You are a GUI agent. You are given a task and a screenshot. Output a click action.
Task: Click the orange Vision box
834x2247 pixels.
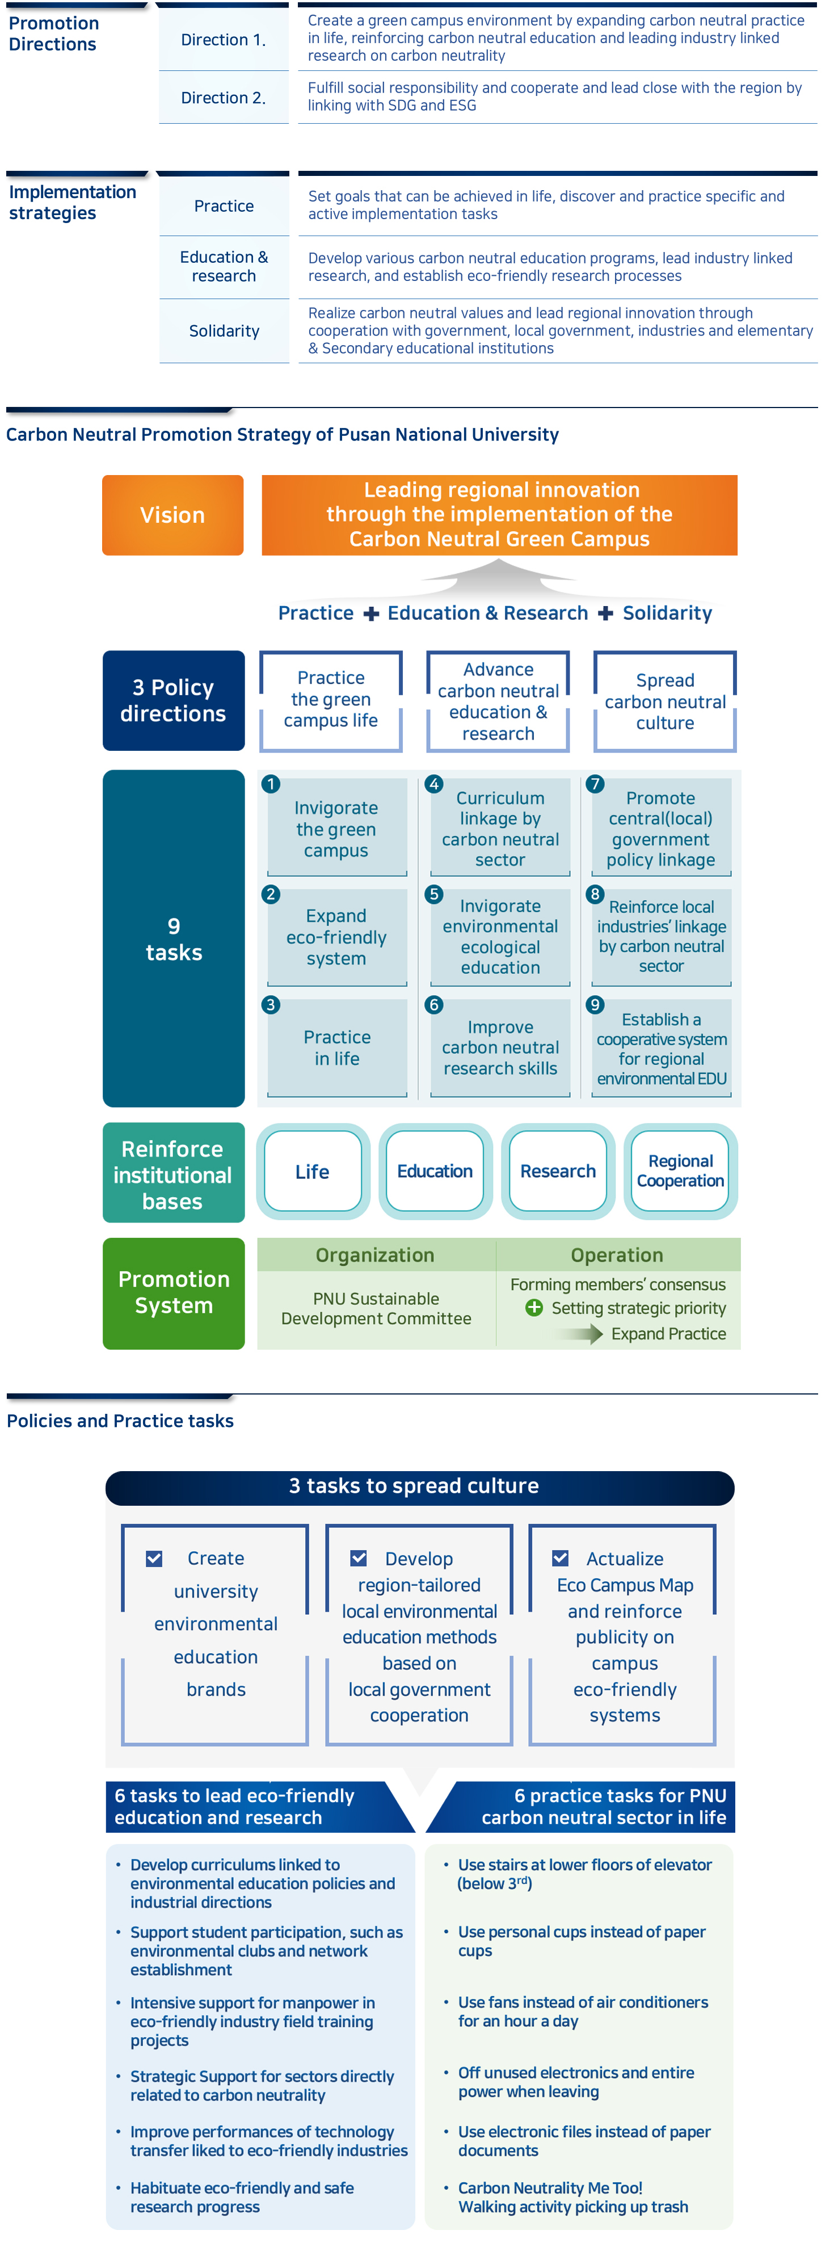tap(172, 515)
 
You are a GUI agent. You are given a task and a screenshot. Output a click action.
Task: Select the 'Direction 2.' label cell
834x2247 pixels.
tap(224, 98)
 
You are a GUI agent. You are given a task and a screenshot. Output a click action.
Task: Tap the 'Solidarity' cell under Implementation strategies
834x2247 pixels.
tap(224, 330)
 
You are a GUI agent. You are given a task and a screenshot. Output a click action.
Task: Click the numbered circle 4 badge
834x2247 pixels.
tap(433, 783)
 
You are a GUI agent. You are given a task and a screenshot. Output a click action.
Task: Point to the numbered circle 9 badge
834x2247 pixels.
tap(595, 1004)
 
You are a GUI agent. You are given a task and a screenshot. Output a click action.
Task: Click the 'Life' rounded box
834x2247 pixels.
tap(312, 1171)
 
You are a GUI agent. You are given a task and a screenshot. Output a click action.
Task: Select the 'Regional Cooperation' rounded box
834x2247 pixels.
tap(680, 1171)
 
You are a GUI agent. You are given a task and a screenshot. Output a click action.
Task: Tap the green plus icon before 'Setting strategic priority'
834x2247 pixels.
tap(534, 1308)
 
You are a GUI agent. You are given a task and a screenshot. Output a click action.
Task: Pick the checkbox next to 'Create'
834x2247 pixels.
tap(154, 1558)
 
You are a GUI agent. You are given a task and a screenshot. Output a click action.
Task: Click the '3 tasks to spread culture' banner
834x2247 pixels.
tap(419, 1486)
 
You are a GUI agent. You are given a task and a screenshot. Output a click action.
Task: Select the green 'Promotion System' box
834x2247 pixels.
tap(174, 1293)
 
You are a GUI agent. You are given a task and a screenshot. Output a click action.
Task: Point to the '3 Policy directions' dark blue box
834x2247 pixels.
tap(174, 700)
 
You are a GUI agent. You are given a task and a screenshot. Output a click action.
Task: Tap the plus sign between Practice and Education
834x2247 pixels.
tap(371, 614)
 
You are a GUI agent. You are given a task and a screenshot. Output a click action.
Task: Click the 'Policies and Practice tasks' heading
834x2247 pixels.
tap(120, 1421)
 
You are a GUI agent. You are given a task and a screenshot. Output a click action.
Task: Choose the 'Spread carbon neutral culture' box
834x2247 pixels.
tap(665, 702)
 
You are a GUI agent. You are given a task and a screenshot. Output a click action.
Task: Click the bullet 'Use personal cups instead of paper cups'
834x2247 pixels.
tap(581, 1941)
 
